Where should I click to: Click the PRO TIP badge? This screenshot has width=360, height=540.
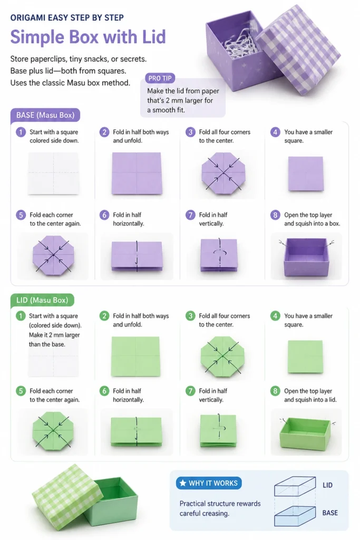(160, 78)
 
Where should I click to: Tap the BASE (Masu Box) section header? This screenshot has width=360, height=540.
(45, 115)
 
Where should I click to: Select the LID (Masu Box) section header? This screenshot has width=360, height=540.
(42, 300)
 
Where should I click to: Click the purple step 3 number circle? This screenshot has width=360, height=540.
(190, 132)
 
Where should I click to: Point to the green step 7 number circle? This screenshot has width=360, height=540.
(190, 391)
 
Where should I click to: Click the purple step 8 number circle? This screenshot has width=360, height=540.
(275, 215)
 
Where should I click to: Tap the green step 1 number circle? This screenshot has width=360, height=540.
(21, 316)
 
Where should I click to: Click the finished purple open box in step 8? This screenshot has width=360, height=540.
(306, 257)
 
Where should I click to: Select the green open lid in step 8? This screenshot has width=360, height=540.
(305, 433)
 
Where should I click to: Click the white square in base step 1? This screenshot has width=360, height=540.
(53, 173)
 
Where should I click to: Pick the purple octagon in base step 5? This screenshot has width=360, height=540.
(53, 255)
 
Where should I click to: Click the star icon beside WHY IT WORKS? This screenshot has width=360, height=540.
(183, 483)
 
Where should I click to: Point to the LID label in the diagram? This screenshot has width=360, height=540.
(327, 485)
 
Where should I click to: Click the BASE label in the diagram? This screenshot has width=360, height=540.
(330, 513)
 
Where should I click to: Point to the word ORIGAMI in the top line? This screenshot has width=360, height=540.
(28, 17)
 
